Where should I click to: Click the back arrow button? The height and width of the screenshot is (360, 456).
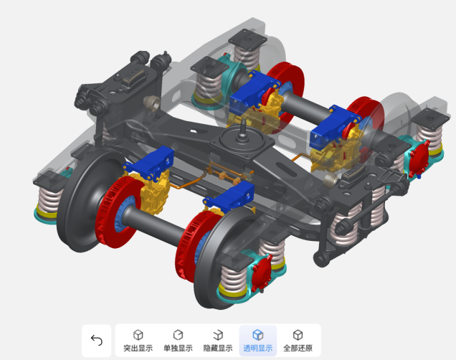97,340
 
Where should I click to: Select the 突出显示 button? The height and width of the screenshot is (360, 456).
138,340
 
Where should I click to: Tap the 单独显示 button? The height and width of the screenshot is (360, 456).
178,340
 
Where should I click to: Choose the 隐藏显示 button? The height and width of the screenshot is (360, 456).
218,340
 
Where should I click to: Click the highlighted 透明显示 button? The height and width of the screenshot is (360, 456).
257,340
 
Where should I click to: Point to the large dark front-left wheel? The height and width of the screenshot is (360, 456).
87,201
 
